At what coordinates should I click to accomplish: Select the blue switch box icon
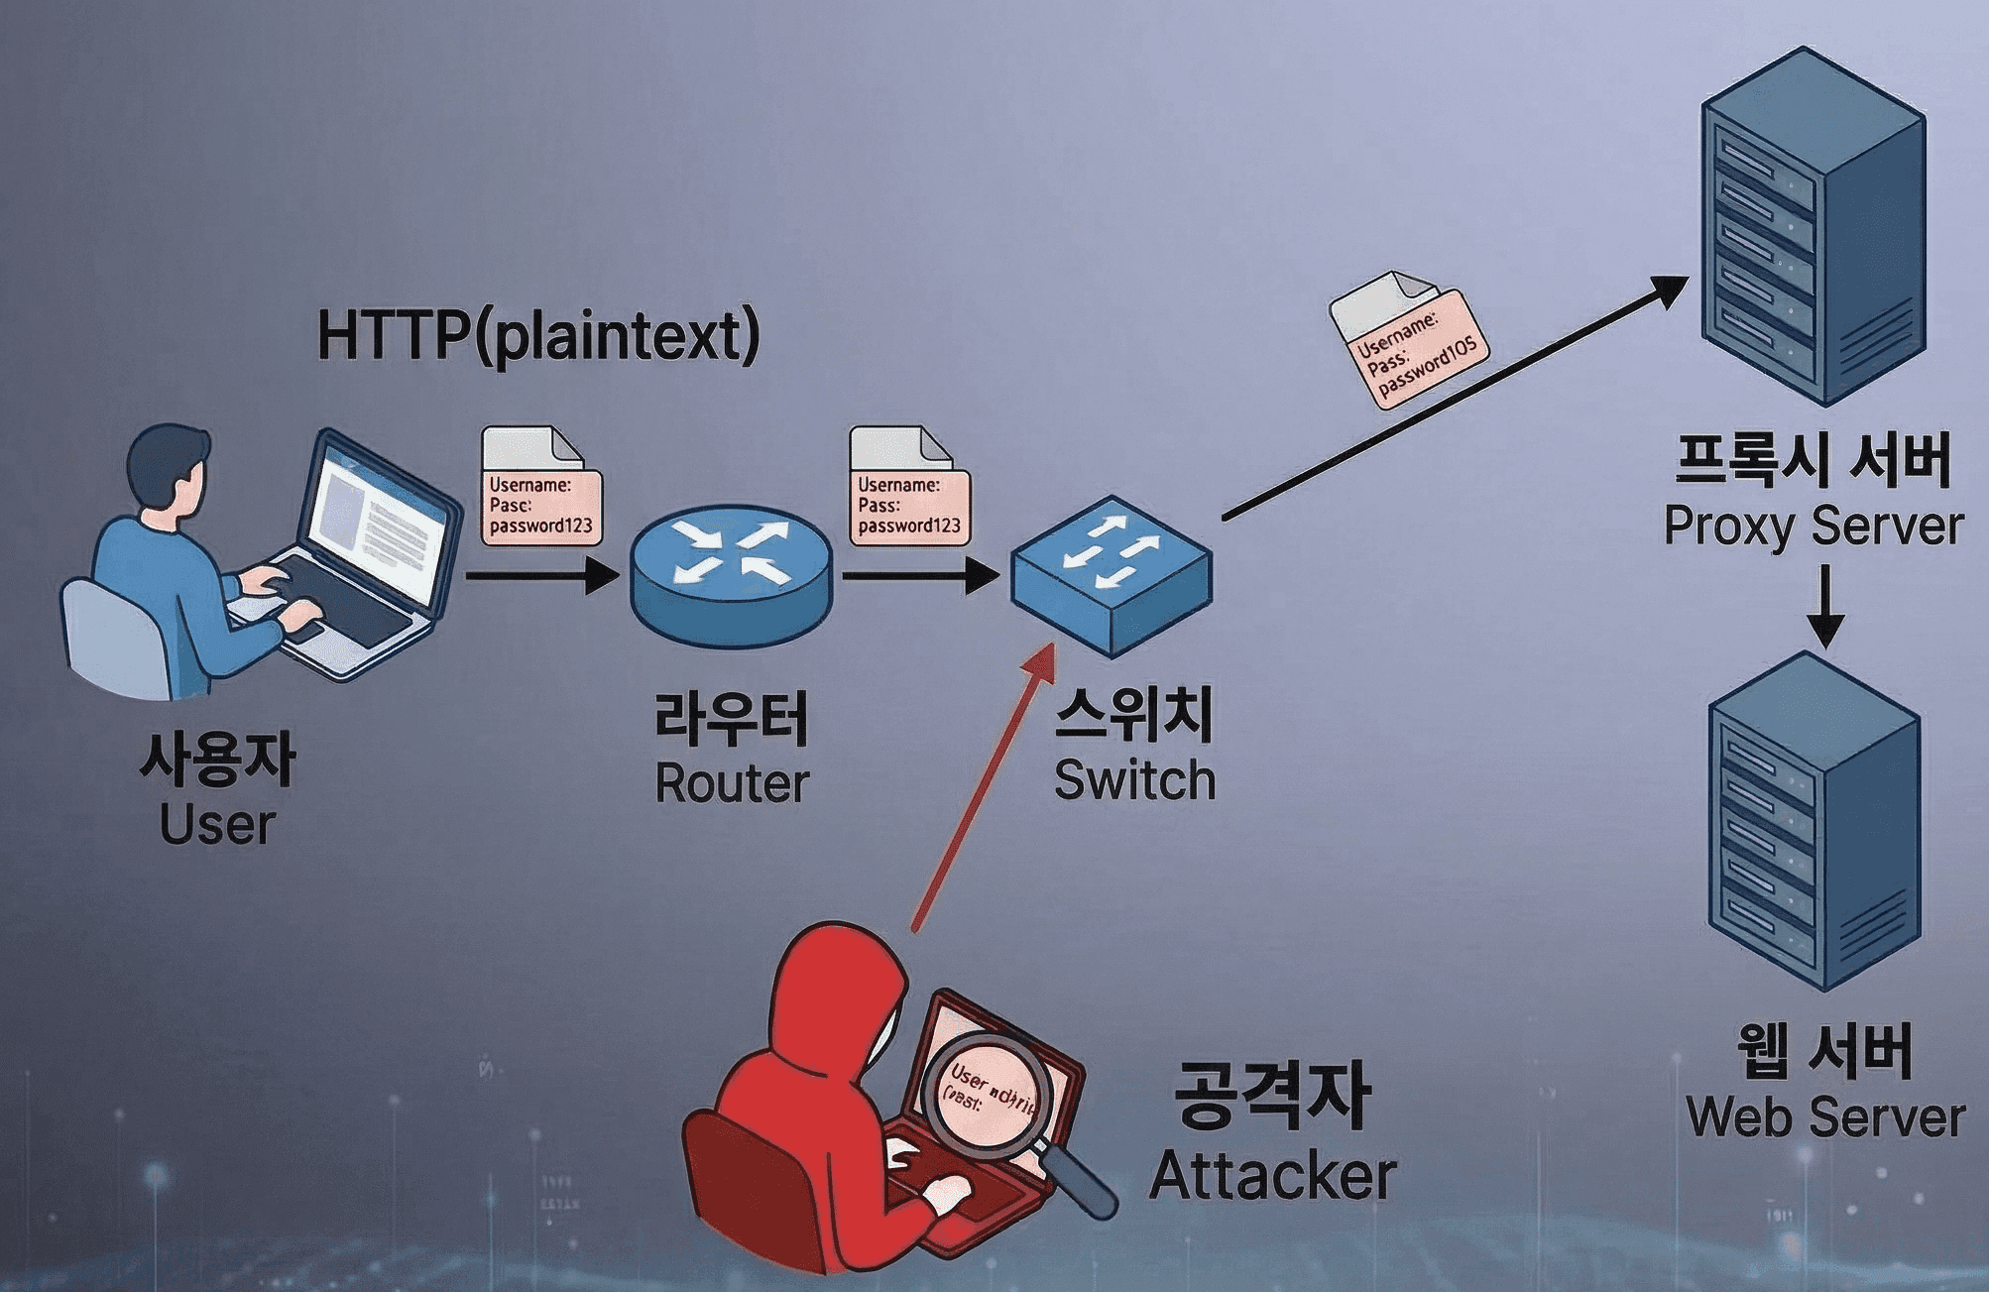pos(1111,575)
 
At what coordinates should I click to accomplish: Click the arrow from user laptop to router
pos(541,575)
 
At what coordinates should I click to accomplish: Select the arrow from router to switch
pos(918,575)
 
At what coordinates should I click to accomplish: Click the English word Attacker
pos(1273,1176)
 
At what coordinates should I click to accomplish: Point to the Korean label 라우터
pos(732,719)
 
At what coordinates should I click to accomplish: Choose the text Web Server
pos(1824,1117)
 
